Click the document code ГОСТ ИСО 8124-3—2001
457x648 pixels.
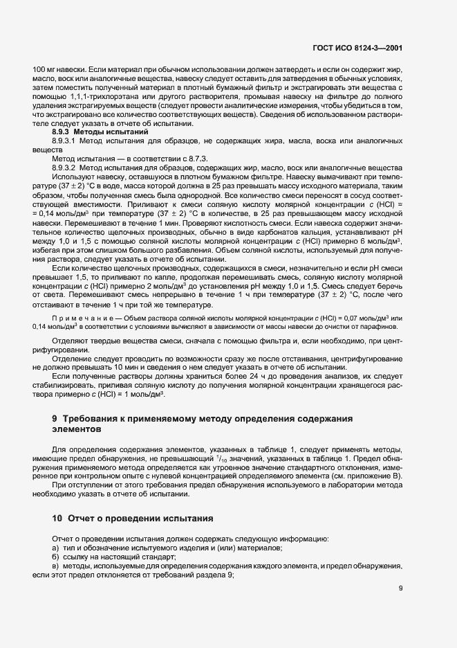(357, 49)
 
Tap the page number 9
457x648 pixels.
(401, 589)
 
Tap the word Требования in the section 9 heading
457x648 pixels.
(93, 420)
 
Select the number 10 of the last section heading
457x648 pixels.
(58, 519)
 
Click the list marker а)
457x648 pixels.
(56, 548)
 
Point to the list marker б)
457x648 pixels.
(56, 557)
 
